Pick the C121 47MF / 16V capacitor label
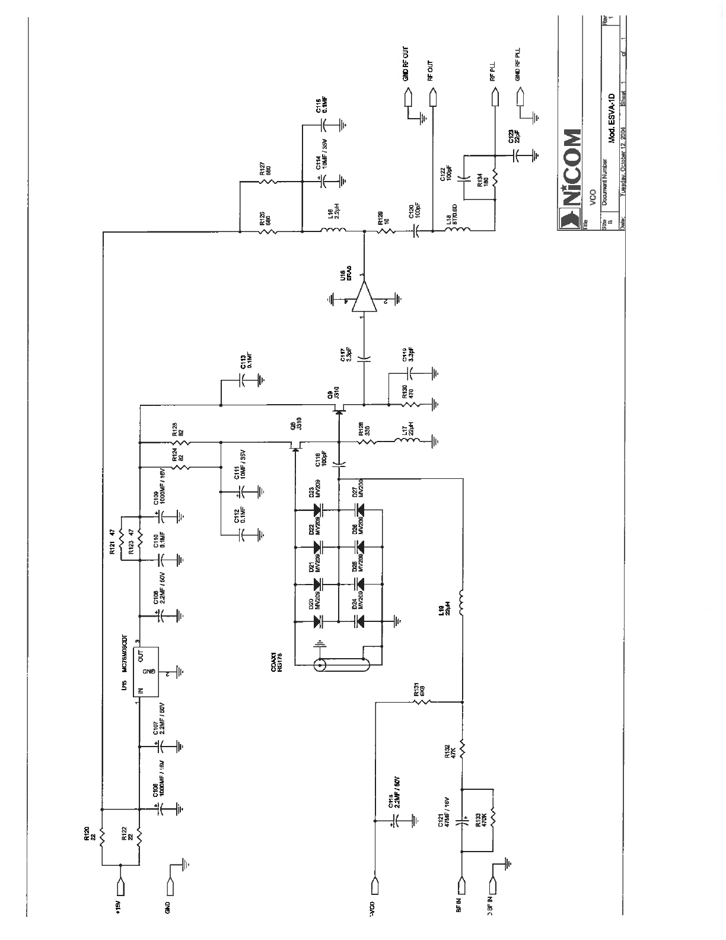pos(444,812)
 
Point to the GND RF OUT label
pos(405,64)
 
